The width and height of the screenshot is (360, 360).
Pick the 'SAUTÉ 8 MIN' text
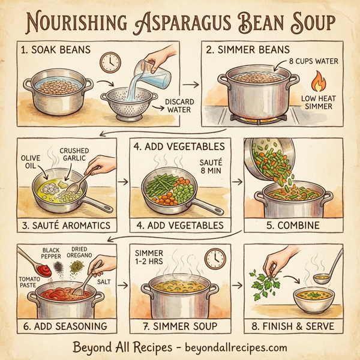pos(209,167)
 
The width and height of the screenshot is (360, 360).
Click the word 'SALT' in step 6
pos(104,280)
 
